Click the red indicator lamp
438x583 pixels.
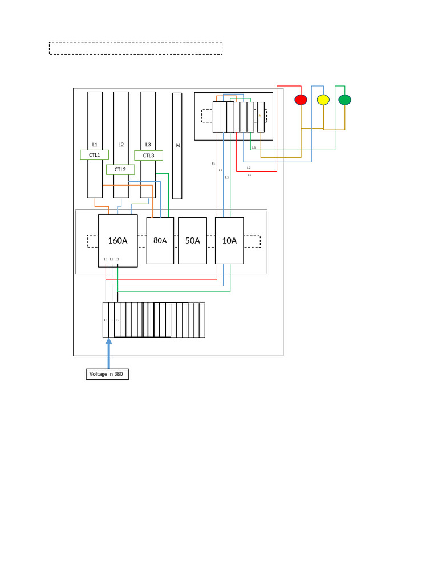point(301,100)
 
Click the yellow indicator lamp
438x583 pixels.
point(323,100)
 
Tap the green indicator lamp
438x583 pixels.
point(344,100)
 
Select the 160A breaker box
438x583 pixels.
point(117,240)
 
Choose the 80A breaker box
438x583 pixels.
point(160,240)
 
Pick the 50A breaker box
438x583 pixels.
point(192,240)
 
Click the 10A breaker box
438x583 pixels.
point(229,240)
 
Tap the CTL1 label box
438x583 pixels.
point(94,155)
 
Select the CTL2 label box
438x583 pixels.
point(120,170)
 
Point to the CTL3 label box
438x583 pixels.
point(148,155)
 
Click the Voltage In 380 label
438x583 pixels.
point(107,374)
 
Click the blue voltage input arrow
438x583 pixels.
point(108,353)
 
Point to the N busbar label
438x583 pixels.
point(177,146)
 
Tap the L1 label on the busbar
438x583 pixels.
point(95,145)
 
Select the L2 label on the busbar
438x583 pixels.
point(121,145)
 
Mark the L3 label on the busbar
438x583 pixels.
point(148,145)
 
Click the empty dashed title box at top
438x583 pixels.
point(135,48)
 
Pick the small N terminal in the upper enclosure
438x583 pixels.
point(261,117)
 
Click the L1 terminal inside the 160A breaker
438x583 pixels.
point(106,260)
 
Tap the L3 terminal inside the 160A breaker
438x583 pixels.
point(117,260)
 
